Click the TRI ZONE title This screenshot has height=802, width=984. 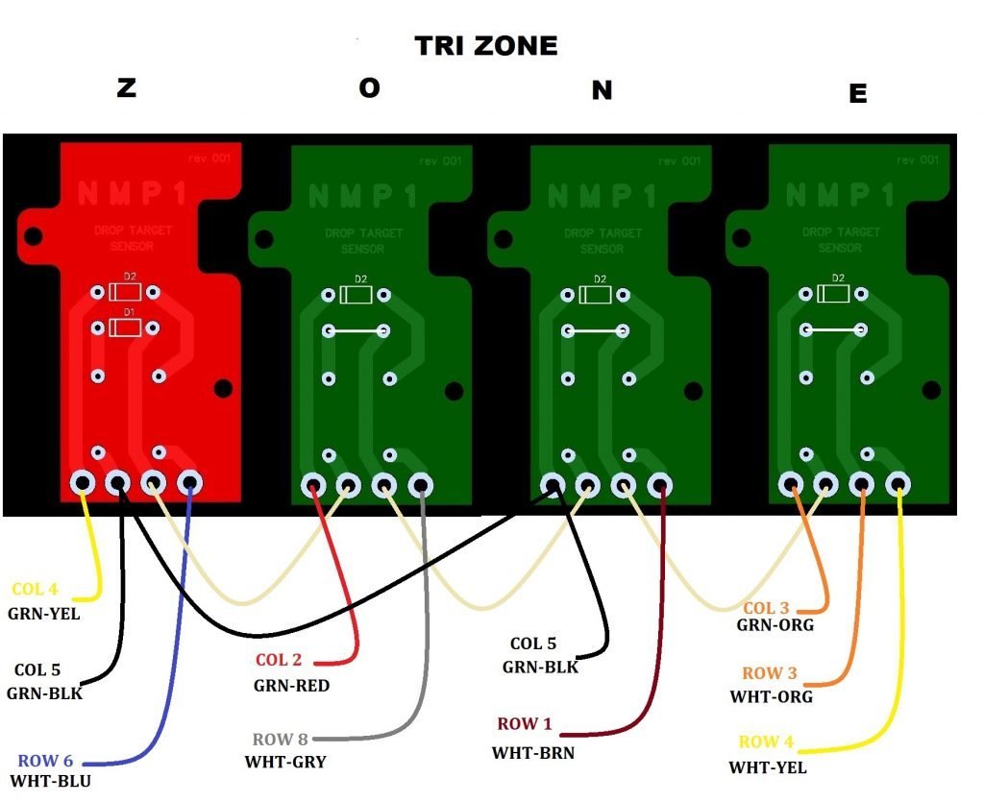(x=485, y=45)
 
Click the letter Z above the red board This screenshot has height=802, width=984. (x=126, y=87)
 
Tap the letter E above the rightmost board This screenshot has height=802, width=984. (x=857, y=93)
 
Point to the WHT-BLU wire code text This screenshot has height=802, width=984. (x=50, y=781)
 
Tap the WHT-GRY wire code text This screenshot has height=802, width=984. (x=285, y=762)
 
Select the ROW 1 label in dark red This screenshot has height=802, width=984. (x=525, y=724)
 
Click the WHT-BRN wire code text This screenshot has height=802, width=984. (x=532, y=753)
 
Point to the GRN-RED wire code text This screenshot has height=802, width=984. (x=291, y=685)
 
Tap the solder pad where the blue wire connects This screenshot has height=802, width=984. (x=189, y=482)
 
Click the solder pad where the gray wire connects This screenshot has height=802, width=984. (x=420, y=485)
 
